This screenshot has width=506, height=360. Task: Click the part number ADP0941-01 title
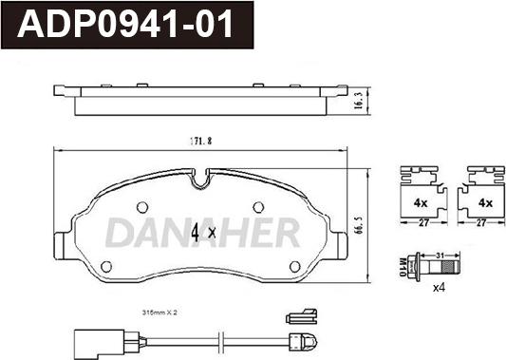[125, 24]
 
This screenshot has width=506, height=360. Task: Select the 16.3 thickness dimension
[359, 100]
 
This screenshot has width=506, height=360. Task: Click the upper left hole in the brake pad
[142, 207]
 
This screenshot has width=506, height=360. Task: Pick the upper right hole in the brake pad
[258, 207]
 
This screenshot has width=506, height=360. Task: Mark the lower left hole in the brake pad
[106, 267]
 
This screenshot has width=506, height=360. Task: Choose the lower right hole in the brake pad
[295, 267]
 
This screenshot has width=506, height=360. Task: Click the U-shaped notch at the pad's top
[200, 180]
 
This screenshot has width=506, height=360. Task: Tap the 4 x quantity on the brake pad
[203, 233]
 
